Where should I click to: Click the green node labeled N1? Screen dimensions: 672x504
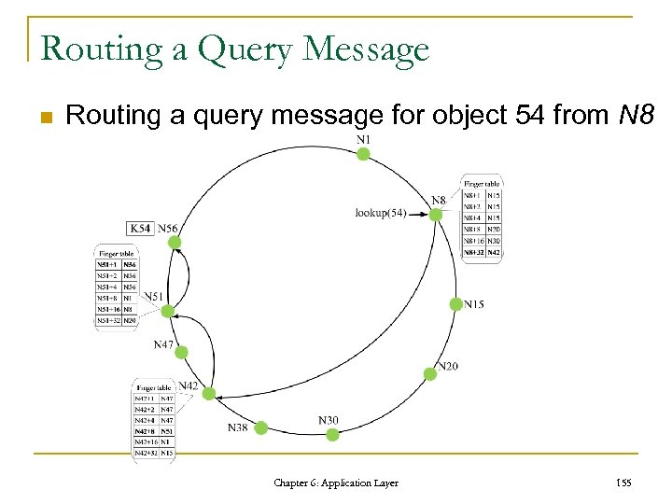pyautogui.click(x=363, y=154)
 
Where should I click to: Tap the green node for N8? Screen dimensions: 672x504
pyautogui.click(x=435, y=215)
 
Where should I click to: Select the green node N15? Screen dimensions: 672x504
pyautogui.click(x=455, y=304)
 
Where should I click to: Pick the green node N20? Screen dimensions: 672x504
pyautogui.click(x=430, y=373)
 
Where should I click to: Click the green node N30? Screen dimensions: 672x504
pyautogui.click(x=332, y=434)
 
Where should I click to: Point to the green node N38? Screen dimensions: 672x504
pyautogui.click(x=261, y=427)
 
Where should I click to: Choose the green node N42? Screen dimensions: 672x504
pyautogui.click(x=209, y=394)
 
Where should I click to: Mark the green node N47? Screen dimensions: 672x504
pyautogui.click(x=181, y=353)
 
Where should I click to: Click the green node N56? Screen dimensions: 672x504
pyautogui.click(x=174, y=243)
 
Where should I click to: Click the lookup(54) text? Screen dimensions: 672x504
pyautogui.click(x=380, y=213)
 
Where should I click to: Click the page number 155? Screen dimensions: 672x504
pyautogui.click(x=624, y=483)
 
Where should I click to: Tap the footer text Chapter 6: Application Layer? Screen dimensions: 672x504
pyautogui.click(x=336, y=483)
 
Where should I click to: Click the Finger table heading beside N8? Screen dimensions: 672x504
pyautogui.click(x=482, y=183)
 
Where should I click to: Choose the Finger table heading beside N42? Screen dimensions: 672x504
pyautogui.click(x=155, y=386)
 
